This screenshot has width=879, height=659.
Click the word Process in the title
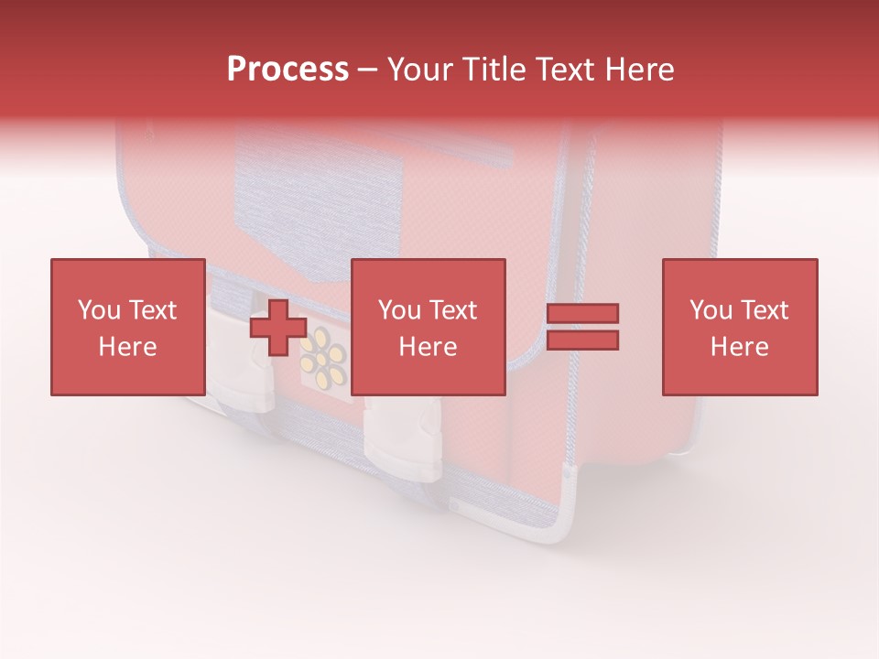pyautogui.click(x=288, y=70)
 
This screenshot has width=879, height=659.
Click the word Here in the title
pyautogui.click(x=641, y=70)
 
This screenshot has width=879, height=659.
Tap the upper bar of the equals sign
pyautogui.click(x=583, y=314)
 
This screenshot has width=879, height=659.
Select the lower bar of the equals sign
pyautogui.click(x=583, y=340)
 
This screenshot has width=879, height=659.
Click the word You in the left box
pyautogui.click(x=99, y=310)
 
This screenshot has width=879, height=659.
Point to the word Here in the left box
pyautogui.click(x=127, y=347)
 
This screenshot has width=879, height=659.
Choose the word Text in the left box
pyautogui.click(x=152, y=310)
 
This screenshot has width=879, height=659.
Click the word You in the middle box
pyautogui.click(x=399, y=310)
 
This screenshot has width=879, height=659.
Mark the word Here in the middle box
pyautogui.click(x=428, y=347)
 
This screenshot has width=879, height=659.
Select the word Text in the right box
pyautogui.click(x=764, y=310)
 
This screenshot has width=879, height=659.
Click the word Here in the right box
pyautogui.click(x=739, y=347)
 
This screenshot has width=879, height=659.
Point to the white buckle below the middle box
pyautogui.click(x=403, y=441)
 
